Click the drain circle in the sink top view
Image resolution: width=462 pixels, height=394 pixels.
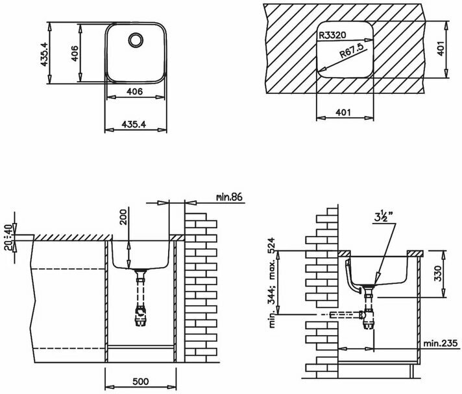pos(136,40)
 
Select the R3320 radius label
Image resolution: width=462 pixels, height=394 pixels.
pos(332,36)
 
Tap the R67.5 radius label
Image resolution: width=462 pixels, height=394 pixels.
pos(352,50)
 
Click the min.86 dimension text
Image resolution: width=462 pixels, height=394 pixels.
pos(229,197)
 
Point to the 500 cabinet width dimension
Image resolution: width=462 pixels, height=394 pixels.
pos(141,382)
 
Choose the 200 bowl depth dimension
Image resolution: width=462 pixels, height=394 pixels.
pos(123,217)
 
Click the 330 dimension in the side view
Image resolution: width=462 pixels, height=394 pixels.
pos(438,273)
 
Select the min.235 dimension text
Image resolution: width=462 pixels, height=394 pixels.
pos(441,343)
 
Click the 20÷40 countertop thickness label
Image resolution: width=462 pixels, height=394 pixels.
pos(10,237)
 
